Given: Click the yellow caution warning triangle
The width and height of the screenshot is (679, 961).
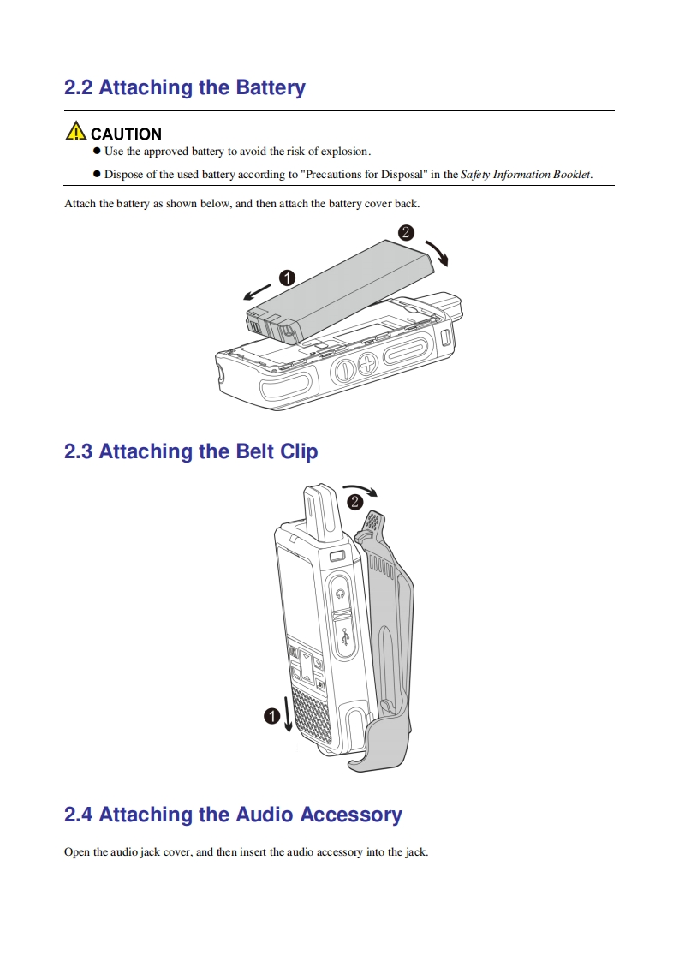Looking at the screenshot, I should [76, 132].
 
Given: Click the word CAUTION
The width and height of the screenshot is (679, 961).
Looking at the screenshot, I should [126, 134].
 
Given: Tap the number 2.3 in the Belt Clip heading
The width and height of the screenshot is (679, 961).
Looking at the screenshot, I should [78, 451].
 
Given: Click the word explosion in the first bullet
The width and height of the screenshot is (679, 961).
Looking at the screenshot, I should [344, 152].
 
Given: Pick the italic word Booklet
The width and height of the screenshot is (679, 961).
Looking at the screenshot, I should [571, 175].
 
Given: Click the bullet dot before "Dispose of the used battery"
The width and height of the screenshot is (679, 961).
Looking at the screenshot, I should [97, 175].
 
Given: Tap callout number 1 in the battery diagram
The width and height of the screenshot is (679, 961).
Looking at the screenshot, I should [287, 278].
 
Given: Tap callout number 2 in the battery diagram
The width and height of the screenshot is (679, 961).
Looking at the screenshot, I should [407, 231].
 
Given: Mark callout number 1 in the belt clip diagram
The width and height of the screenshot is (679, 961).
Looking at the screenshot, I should [272, 717].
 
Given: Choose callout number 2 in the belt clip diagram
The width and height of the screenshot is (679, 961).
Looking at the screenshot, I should [354, 502].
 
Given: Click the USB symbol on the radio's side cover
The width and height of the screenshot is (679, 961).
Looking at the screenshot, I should [345, 638].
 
